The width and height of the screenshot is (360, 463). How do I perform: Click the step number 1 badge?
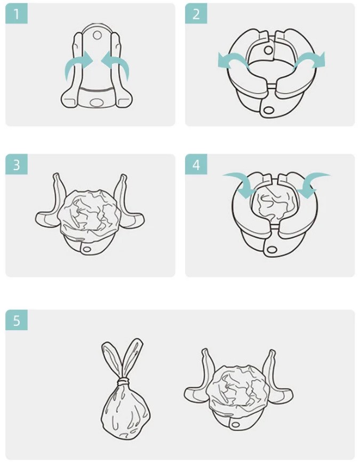[17, 14]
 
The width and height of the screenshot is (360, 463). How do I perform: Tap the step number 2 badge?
[196, 14]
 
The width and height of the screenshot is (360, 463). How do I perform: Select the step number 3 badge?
[17, 164]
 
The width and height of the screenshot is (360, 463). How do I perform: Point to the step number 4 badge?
[196, 164]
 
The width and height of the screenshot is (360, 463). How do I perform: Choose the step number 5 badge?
[17, 320]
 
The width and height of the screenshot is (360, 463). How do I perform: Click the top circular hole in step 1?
[97, 35]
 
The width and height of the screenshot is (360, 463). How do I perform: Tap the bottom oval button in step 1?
[95, 103]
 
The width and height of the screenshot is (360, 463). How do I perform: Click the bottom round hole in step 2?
[268, 110]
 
